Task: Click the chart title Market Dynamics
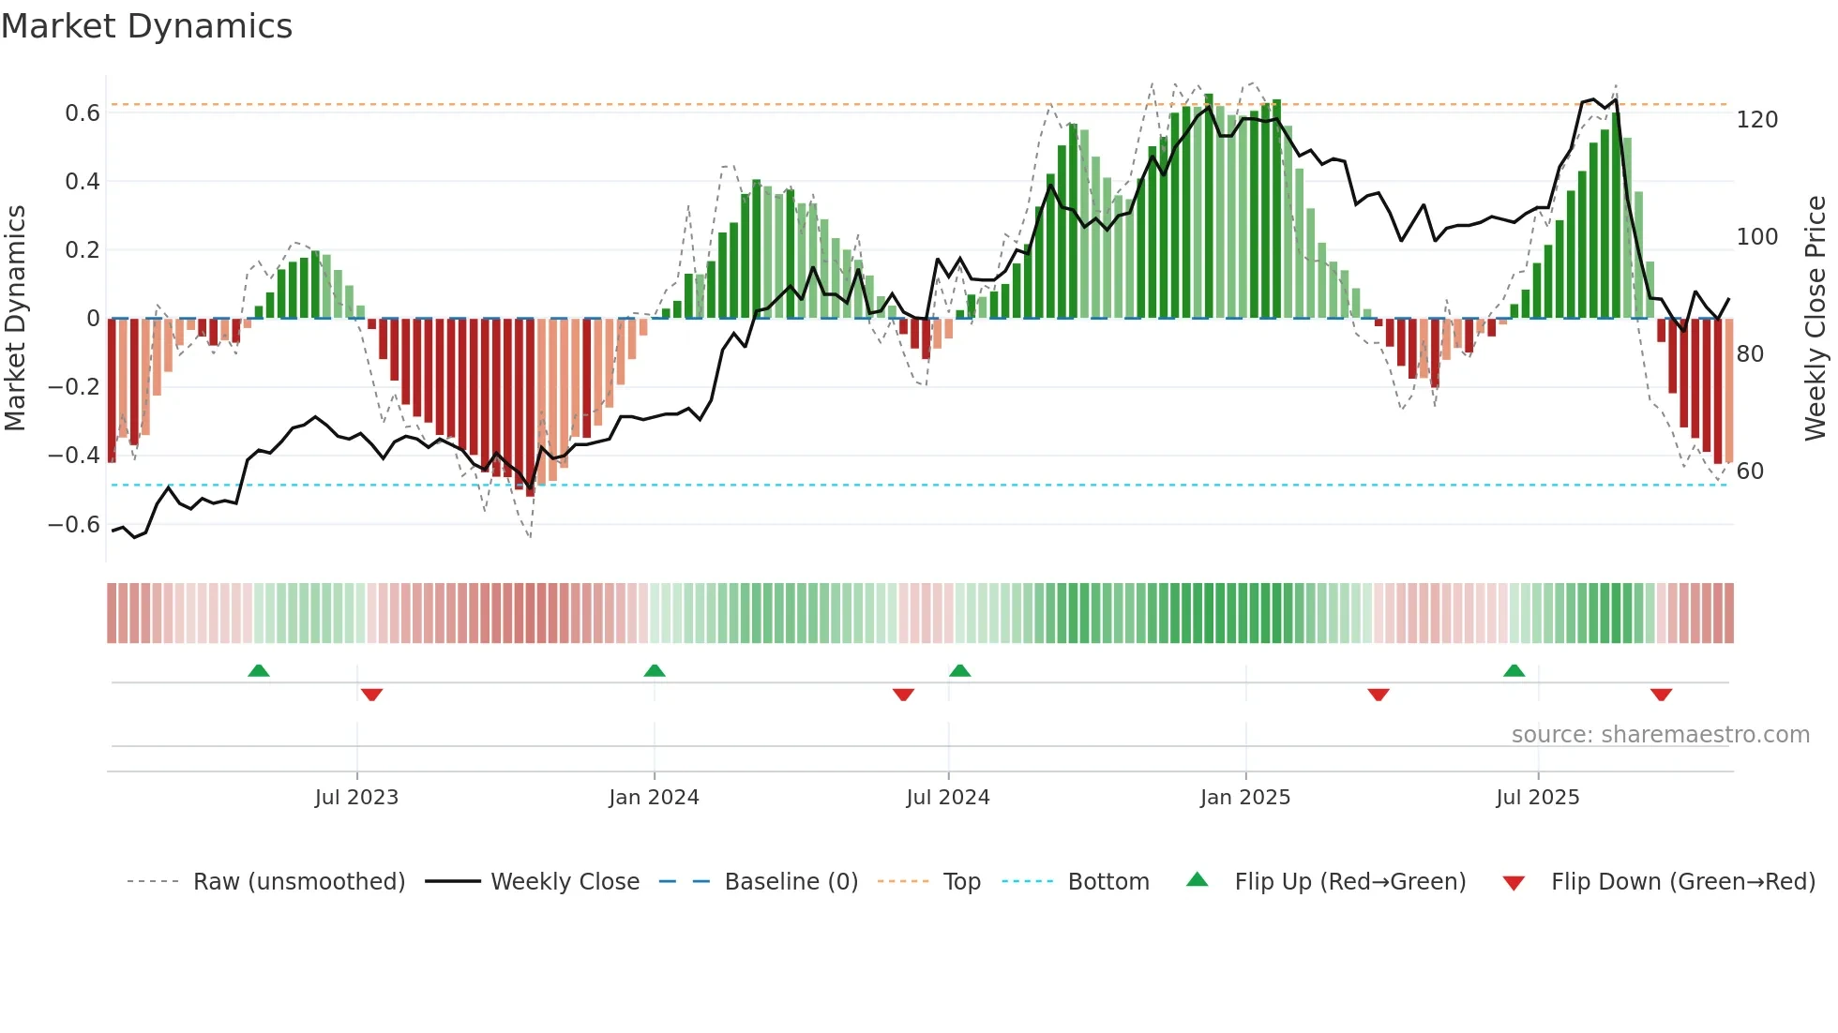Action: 146,26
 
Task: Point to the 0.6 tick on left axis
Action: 83,113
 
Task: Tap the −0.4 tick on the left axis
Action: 74,456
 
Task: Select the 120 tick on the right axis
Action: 1756,120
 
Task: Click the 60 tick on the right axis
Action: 1750,472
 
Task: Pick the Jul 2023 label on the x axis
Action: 356,798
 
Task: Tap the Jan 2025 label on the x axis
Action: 1244,798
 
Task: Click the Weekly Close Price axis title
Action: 1815,318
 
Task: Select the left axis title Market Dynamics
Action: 15,318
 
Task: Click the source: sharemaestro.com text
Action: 1660,735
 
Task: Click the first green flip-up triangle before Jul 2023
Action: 259,670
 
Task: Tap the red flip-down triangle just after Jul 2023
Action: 371,695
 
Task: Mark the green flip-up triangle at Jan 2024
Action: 655,670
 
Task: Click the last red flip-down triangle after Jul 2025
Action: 1661,695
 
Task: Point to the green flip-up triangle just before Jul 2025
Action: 1514,670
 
